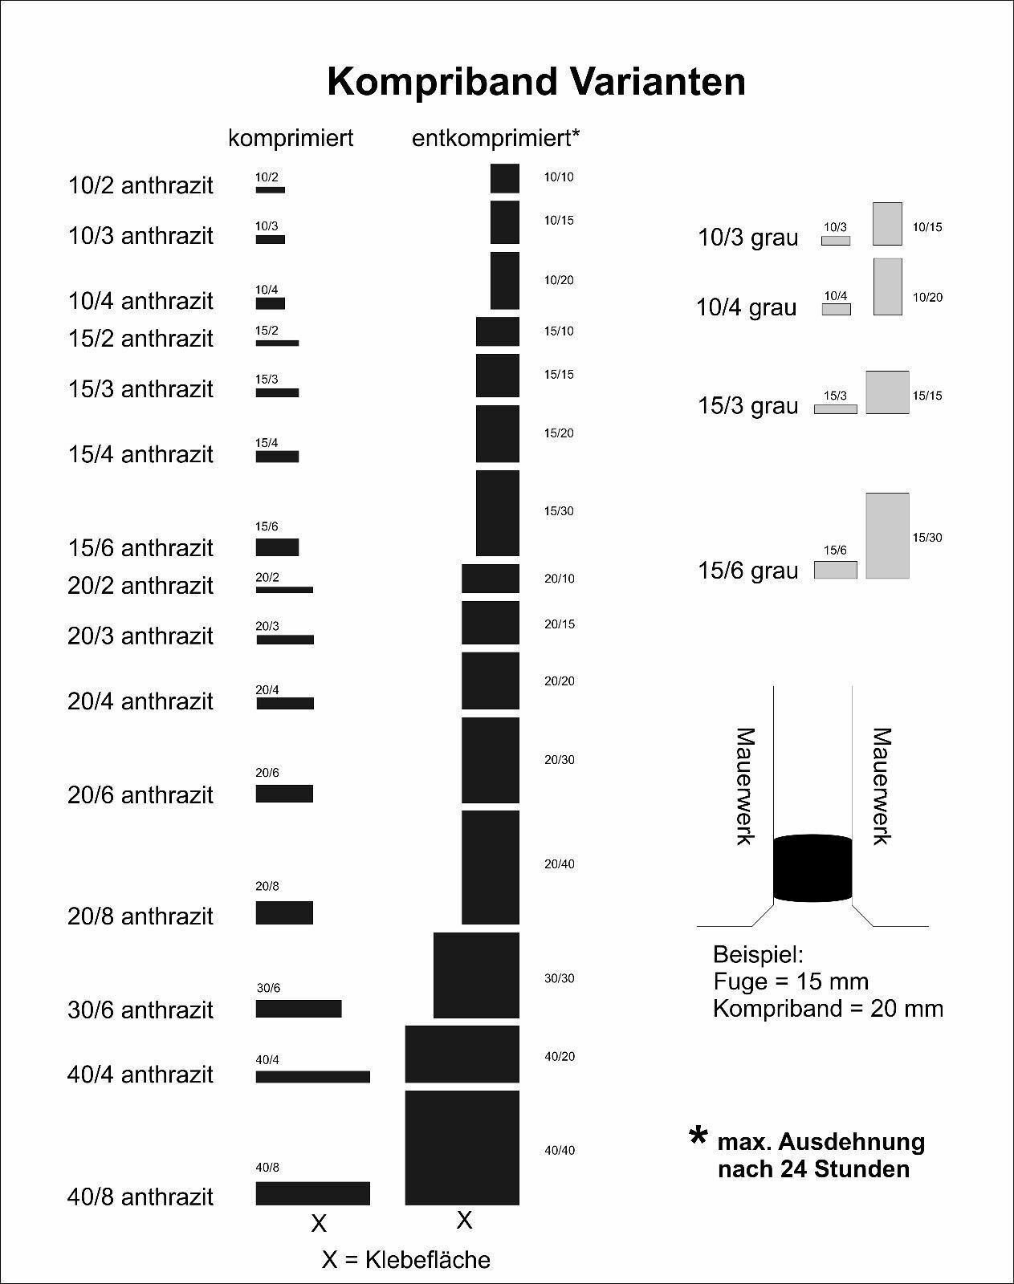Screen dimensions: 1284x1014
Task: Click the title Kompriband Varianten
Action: point(536,82)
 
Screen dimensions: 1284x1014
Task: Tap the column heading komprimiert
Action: point(291,138)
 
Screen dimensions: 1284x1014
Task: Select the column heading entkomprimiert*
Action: point(495,138)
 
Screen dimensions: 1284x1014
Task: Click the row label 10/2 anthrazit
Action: point(140,185)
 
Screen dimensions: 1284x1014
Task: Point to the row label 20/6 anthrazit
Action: point(140,795)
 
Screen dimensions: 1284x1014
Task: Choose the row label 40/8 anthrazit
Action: point(140,1197)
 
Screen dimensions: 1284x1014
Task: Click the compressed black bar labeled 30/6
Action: point(299,1009)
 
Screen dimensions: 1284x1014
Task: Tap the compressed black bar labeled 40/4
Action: point(313,1077)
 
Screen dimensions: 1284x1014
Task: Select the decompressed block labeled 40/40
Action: point(462,1148)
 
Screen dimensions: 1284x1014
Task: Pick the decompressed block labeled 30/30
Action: point(476,975)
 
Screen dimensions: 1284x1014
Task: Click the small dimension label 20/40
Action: point(560,864)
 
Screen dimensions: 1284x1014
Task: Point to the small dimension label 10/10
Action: point(560,177)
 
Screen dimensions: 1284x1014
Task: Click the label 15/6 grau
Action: point(748,571)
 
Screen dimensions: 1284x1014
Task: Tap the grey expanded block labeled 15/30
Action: point(887,535)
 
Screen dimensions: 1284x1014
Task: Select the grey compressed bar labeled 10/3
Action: point(836,240)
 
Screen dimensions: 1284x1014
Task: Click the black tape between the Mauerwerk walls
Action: point(812,868)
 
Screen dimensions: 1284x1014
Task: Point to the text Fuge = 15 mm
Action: point(791,981)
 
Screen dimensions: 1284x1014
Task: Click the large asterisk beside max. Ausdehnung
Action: point(698,1138)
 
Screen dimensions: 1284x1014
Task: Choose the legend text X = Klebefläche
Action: point(406,1260)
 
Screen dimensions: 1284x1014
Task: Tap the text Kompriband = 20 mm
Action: point(828,1008)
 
